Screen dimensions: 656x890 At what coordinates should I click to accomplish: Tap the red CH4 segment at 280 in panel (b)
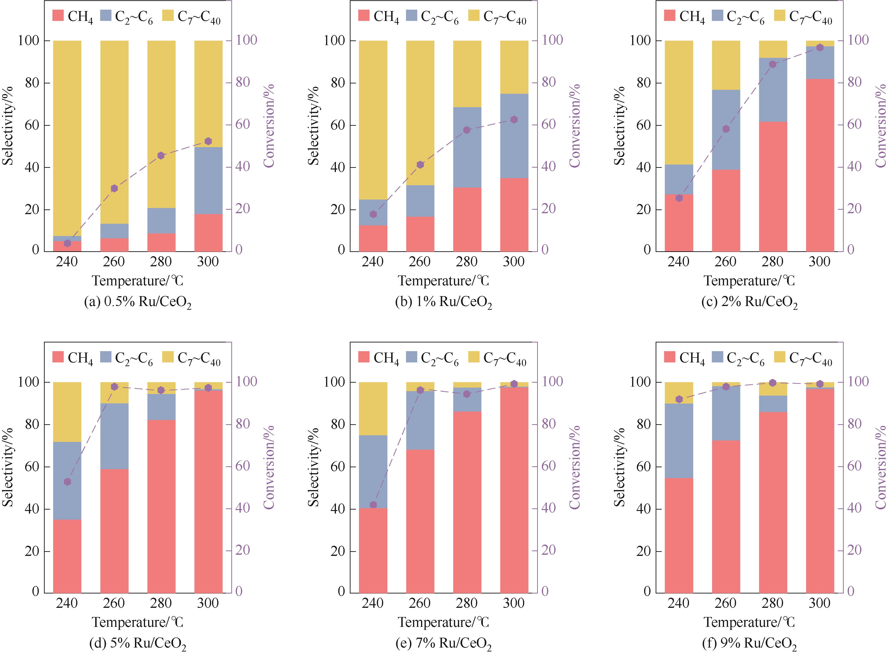467,219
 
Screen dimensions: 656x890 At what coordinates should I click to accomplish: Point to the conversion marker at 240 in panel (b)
373,214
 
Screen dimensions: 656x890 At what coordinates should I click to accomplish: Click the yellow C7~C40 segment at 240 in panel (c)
679,102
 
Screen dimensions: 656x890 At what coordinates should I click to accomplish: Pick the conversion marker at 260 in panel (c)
726,129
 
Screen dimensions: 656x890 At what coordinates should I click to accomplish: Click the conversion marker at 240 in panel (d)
67,482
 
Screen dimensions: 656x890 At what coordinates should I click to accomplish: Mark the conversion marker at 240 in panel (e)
373,505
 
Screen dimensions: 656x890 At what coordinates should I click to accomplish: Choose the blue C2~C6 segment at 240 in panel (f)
679,441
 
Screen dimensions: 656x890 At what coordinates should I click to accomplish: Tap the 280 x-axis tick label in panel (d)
161,603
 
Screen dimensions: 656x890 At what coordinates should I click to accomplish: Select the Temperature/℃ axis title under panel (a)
138,281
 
